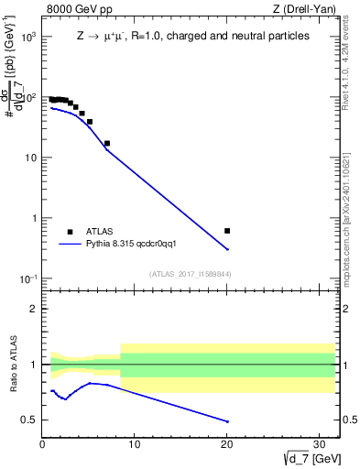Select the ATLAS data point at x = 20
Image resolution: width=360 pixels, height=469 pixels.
click(227, 231)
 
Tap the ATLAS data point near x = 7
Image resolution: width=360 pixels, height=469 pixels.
click(107, 143)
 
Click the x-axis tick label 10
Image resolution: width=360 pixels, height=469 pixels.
click(135, 445)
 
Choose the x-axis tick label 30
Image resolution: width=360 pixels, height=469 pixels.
click(320, 445)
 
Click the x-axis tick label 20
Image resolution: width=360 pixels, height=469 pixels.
click(227, 445)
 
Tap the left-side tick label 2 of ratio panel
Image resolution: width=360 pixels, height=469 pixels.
click(33, 309)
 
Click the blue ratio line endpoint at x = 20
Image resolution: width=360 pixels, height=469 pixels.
click(227, 421)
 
